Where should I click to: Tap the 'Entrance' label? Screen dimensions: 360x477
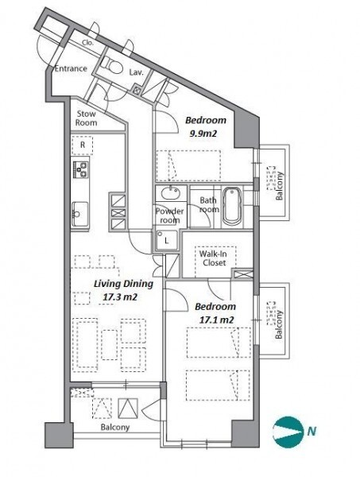point(72,68)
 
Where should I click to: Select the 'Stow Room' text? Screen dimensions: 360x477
point(87,118)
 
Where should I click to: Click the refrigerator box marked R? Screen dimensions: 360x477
point(83,145)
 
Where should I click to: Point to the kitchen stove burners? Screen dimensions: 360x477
point(80,170)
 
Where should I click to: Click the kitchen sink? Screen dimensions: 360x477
point(80,214)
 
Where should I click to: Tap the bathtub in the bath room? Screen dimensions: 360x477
point(232,206)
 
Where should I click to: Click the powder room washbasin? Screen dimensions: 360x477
point(171,193)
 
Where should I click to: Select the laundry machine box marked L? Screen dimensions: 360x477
point(167,240)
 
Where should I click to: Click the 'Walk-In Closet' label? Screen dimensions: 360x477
point(214,258)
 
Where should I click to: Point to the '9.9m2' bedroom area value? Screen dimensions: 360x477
point(203,134)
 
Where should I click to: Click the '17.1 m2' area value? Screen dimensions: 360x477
point(216,320)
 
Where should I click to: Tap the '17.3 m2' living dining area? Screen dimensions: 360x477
point(120,297)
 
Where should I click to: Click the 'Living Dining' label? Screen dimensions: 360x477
point(123,284)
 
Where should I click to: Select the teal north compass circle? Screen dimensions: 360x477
point(288,432)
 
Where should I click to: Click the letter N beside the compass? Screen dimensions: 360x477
point(312,431)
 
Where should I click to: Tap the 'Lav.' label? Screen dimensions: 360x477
point(136,72)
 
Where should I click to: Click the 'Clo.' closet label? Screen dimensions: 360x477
point(88,43)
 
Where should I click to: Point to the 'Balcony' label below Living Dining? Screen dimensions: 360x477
point(115,428)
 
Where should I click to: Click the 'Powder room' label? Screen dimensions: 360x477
point(169,215)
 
